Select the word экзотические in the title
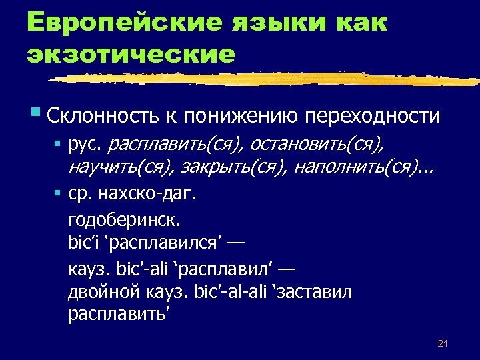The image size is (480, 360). coord(131,54)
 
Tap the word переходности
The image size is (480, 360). coord(373,116)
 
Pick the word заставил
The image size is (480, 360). coord(315,292)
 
